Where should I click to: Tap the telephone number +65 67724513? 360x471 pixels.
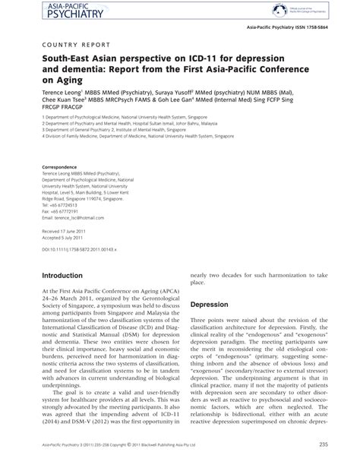point(65,205)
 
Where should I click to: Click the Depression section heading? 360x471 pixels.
point(210,304)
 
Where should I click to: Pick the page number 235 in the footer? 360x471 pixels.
point(324,445)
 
